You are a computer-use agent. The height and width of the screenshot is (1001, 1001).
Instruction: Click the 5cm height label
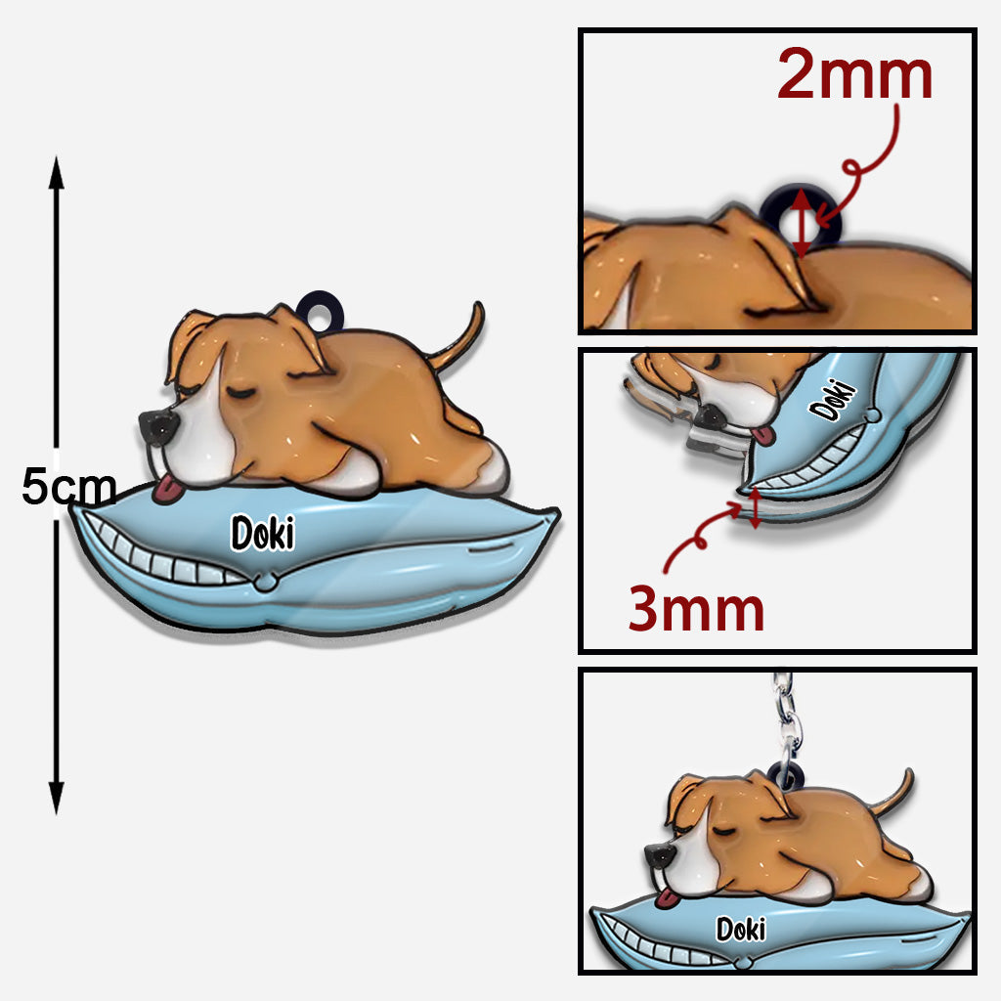[69, 487]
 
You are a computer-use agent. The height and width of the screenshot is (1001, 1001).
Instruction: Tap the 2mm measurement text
[854, 74]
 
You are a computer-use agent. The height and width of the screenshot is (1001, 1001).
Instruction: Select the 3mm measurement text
[696, 608]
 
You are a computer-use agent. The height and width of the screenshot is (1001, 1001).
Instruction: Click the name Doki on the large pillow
[262, 533]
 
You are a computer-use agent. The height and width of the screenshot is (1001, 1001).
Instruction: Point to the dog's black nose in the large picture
[157, 428]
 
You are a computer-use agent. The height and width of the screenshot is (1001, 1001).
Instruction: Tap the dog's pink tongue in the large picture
[167, 490]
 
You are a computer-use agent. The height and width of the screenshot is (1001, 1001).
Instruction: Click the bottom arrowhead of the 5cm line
[56, 798]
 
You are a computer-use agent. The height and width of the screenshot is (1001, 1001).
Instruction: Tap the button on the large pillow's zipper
[265, 582]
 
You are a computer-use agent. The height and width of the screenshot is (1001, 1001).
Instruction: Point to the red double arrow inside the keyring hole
[802, 222]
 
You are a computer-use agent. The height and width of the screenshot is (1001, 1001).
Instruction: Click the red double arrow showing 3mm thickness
[755, 507]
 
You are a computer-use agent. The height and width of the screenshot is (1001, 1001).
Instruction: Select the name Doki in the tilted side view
[833, 400]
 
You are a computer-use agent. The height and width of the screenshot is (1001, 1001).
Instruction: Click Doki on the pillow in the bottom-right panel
[741, 929]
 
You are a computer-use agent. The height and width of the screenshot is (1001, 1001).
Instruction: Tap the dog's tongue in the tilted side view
[762, 436]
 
